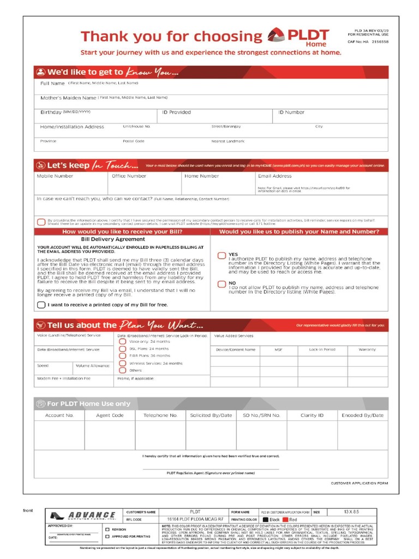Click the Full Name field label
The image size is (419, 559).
[52, 84]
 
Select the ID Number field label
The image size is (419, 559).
[291, 112]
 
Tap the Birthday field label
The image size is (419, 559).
[51, 112]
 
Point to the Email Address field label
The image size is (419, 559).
[274, 176]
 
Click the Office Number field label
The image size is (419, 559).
[129, 176]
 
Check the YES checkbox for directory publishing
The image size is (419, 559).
[222, 255]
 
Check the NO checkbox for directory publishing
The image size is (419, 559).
[222, 284]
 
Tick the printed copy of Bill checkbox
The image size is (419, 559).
[41, 305]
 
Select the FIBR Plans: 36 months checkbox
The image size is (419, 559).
[123, 355]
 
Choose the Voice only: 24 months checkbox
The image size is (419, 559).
[123, 341]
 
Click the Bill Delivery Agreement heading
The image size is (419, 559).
[113, 239]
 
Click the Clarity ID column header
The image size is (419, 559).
[312, 415]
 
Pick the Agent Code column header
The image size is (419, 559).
[110, 415]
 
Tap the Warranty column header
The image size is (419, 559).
[367, 349]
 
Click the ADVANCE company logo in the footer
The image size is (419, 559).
[83, 516]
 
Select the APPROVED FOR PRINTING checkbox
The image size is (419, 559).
[107, 537]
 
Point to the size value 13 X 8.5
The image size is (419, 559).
[352, 512]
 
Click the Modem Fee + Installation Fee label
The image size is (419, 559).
[64, 378]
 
